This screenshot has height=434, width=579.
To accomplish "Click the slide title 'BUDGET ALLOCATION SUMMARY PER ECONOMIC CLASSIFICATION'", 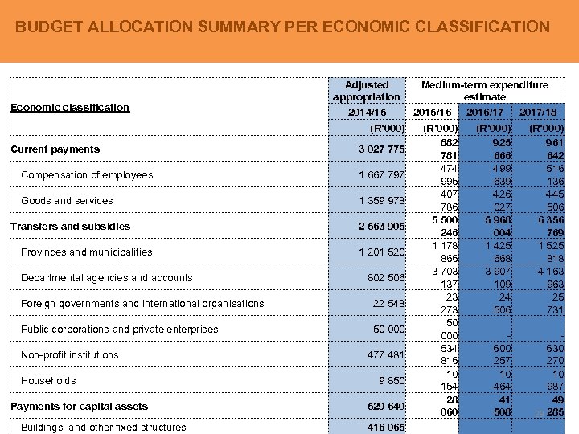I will pos(282,27).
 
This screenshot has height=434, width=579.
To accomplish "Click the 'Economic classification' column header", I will pos(69,107).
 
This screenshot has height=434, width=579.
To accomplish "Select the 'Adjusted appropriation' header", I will pos(366,90).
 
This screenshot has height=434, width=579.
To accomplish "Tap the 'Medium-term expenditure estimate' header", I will pos(484,90).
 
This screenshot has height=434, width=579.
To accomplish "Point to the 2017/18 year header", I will pos(538,112).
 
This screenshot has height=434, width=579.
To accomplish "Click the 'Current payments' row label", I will pos(55,149).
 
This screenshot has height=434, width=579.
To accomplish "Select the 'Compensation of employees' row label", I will pos(87,175).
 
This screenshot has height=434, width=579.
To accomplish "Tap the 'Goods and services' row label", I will pos(67,201).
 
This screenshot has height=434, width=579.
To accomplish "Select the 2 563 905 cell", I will pos(381,227).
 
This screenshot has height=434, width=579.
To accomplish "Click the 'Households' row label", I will pos(48,381).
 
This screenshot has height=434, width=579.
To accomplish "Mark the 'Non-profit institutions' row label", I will pos(69,355).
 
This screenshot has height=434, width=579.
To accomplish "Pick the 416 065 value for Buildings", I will pos(384,428).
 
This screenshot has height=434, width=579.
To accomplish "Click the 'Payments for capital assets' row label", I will pos(78,407).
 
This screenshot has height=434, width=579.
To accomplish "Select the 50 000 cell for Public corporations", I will pos(388,330).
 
